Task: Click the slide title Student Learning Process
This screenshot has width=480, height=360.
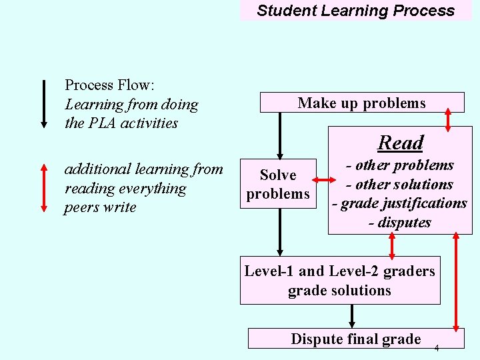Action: tap(355, 11)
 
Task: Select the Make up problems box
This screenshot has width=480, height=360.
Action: tap(361, 103)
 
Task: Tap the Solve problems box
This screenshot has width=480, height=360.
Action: tap(278, 184)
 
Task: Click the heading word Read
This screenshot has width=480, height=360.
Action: tap(400, 143)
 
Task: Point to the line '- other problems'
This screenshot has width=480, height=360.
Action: tap(399, 165)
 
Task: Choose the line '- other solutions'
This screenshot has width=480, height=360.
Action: tap(399, 185)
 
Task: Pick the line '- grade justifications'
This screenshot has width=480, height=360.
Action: tap(399, 203)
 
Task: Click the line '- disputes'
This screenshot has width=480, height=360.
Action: tap(399, 223)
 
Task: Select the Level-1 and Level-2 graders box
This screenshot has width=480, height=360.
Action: tap(339, 281)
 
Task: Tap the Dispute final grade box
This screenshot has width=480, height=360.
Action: tap(355, 339)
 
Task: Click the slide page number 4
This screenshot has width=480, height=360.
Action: tap(437, 348)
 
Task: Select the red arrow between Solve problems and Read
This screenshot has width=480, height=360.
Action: tap(322, 179)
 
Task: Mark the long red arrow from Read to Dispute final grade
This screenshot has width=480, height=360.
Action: tap(457, 281)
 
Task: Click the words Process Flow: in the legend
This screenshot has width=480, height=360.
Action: tap(109, 85)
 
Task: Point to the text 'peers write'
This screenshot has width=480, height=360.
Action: tap(100, 207)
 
